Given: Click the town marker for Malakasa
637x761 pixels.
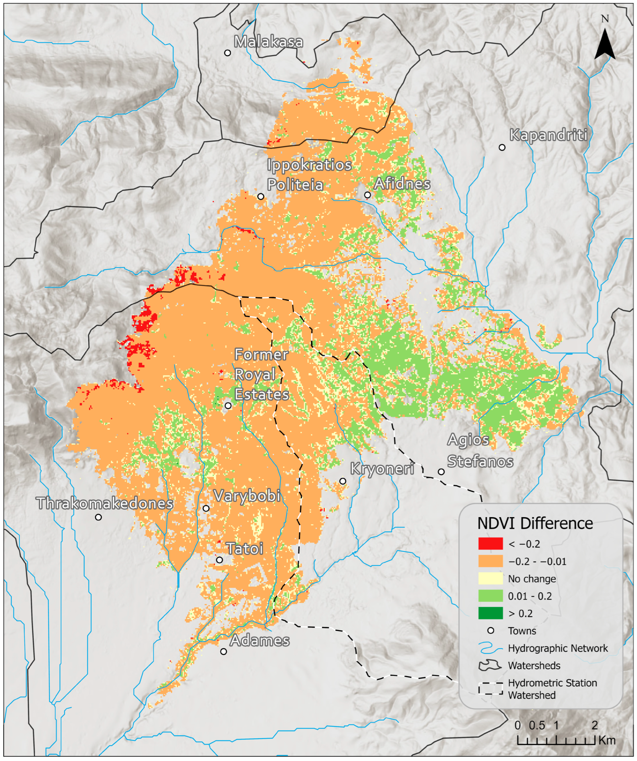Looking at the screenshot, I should pos(227,53).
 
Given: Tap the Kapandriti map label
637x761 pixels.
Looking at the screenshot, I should pos(548,135).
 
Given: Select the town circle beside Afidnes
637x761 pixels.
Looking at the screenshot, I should pos(367,195).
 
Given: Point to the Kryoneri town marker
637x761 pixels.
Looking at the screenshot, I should pos(343,481).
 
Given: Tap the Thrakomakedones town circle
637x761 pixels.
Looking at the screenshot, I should pos(98,517).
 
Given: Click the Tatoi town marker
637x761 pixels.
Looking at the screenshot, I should pos(219,560).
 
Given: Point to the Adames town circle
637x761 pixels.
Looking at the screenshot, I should pos(223,652).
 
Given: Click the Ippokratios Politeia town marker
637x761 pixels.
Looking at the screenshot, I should pos(261,196).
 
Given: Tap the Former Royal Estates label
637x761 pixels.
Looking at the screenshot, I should pos(261,374).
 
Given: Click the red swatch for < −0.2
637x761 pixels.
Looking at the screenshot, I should pos(490,544).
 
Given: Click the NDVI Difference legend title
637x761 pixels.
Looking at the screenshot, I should pos(535,524).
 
